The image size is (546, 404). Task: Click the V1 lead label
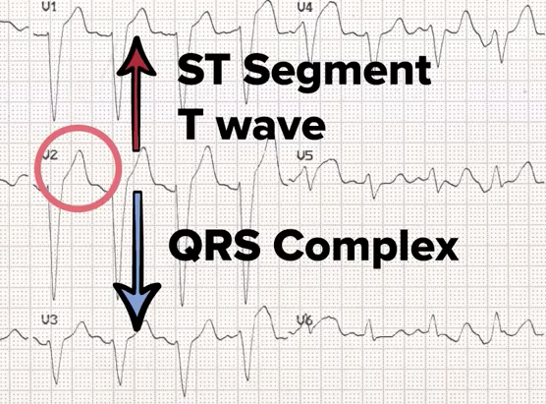tap(49, 7)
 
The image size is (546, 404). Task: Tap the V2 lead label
tap(50, 154)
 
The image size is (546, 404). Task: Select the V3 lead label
tap(50, 320)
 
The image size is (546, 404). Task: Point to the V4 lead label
tap(305, 8)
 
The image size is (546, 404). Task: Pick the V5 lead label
tap(305, 156)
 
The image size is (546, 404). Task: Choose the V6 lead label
tap(304, 320)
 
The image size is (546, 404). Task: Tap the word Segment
tap(337, 73)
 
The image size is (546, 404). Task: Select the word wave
tap(273, 126)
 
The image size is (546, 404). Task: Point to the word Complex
tap(367, 248)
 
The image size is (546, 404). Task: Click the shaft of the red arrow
tap(136, 112)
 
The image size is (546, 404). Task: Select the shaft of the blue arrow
tap(138, 238)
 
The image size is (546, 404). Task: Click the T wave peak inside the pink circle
tap(81, 151)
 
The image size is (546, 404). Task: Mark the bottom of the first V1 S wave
tap(54, 120)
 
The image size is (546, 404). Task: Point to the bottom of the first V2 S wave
tap(54, 299)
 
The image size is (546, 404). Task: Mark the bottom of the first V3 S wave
tap(56, 382)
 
